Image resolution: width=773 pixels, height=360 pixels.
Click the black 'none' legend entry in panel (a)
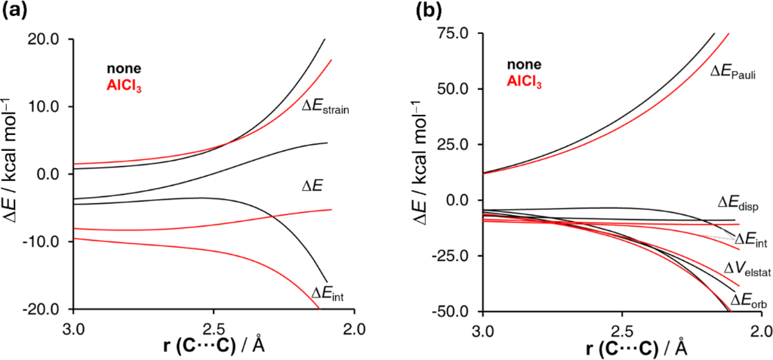pos(123,69)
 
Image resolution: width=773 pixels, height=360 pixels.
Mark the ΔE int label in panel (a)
pos(329,292)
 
